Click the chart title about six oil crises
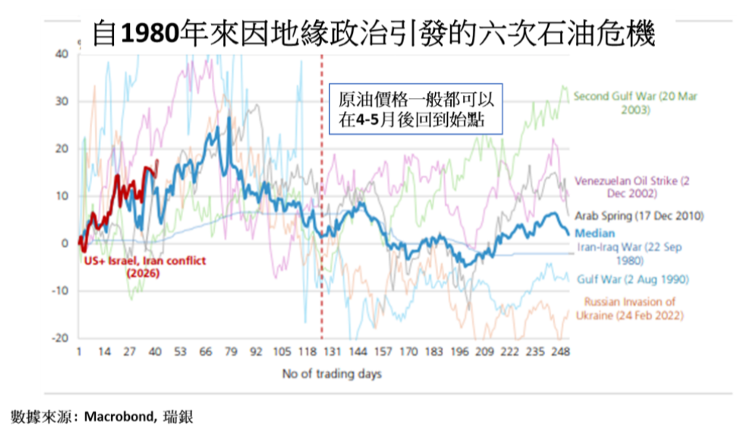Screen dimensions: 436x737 (375, 33)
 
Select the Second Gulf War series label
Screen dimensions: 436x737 (625, 102)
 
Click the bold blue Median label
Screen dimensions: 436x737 (594, 233)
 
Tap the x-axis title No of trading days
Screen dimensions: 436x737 (332, 374)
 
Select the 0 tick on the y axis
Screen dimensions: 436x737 (65, 244)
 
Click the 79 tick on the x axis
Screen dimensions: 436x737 (232, 353)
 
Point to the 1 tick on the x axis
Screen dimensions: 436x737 (79, 353)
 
